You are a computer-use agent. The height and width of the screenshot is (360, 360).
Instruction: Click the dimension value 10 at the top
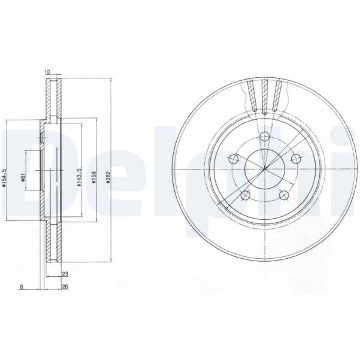click(47, 73)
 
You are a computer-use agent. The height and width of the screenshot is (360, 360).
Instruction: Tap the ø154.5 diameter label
click(5, 178)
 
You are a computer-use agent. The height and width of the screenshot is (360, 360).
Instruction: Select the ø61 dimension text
click(22, 178)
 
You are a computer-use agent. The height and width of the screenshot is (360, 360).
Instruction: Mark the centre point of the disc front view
click(264, 168)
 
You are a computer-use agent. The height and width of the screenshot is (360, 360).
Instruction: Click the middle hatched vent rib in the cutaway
click(264, 96)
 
